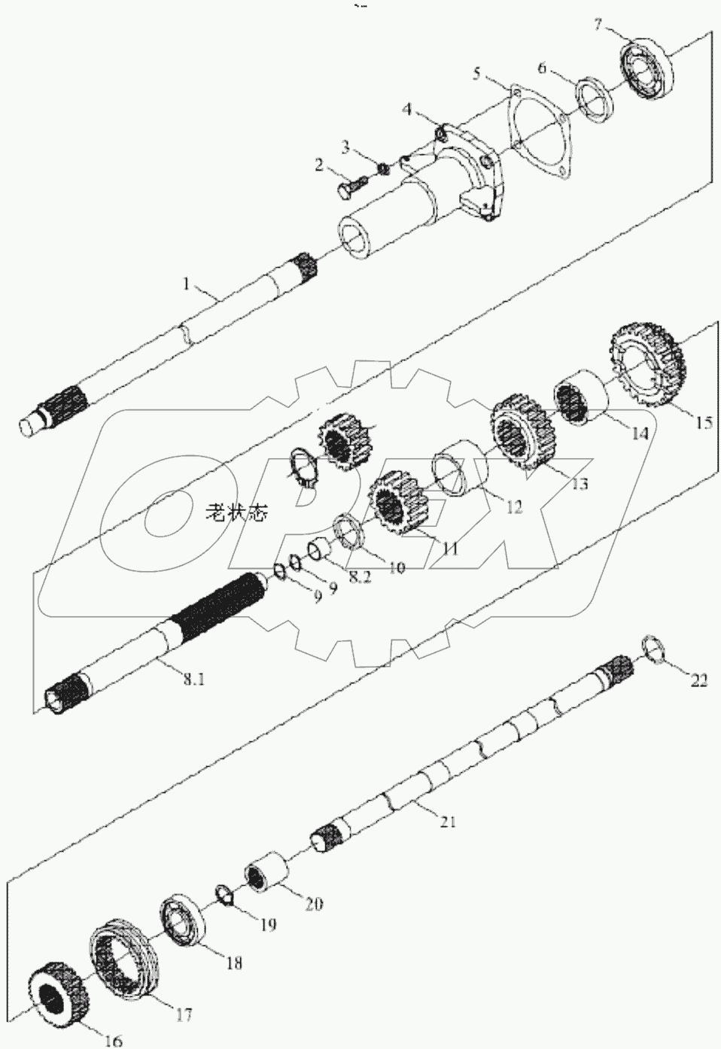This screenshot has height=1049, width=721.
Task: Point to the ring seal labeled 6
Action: tap(596, 98)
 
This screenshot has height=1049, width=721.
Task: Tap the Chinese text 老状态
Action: tap(235, 515)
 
